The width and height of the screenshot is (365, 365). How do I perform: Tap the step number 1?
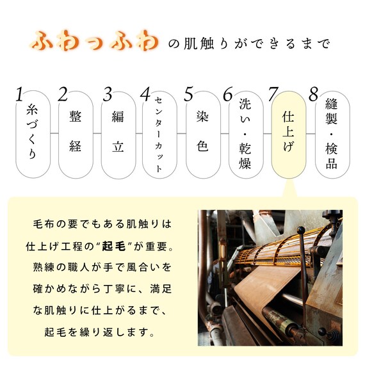coord(20,95)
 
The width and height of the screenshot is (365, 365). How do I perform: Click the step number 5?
coord(189,95)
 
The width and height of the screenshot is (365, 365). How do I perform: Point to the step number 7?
coord(273,95)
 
